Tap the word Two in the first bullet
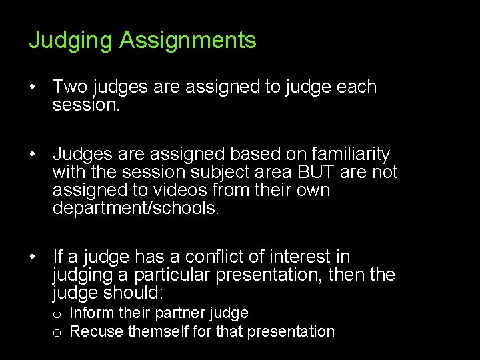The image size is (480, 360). (72, 87)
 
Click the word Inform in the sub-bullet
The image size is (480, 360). (91, 313)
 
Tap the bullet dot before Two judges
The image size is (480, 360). (31, 87)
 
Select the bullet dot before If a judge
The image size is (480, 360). (31, 257)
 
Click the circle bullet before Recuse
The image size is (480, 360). (59, 332)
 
